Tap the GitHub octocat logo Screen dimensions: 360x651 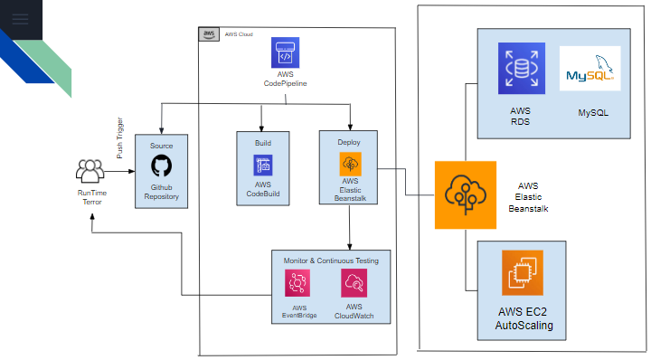pos(161,166)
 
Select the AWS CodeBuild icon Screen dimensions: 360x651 pos(262,166)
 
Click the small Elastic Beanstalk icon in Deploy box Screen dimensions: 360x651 pos(349,164)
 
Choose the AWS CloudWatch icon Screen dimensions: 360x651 pos(354,285)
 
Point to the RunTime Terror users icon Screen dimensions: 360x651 pos(90,170)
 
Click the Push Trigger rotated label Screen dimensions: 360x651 pos(119,137)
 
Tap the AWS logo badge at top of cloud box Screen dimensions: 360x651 pos(208,33)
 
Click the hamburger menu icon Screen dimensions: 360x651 pos(21,18)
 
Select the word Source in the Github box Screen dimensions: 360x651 pos(161,146)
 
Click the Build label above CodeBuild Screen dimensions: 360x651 pos(262,143)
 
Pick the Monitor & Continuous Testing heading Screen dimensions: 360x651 pos(331,261)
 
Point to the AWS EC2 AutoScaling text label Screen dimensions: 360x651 pos(521,319)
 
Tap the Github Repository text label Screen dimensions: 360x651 pos(161,191)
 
